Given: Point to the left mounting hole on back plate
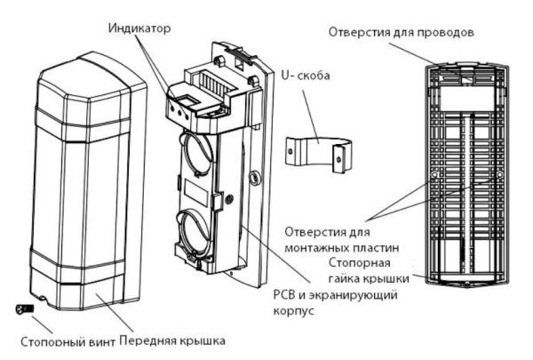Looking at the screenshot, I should coord(433,177).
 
